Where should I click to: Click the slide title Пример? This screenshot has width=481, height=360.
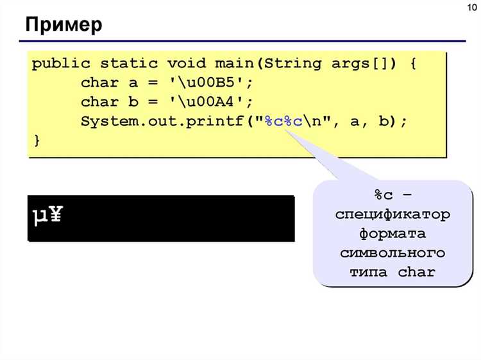tap(63, 25)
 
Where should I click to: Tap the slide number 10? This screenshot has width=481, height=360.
tap(473, 7)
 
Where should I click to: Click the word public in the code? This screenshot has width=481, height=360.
tap(62, 64)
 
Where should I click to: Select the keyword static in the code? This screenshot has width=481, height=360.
tap(129, 64)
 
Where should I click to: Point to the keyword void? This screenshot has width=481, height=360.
tap(187, 64)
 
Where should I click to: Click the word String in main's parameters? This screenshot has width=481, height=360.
tap(293, 64)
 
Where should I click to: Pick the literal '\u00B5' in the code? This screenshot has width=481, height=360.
tap(211, 83)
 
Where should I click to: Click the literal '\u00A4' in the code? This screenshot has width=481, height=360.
tap(211, 102)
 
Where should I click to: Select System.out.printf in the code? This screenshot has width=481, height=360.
tap(162, 121)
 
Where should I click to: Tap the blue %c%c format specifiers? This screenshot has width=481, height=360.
tap(283, 121)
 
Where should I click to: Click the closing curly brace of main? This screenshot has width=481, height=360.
tap(37, 141)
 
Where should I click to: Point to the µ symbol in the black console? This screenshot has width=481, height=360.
tap(40, 216)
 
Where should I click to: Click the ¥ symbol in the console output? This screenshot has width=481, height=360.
tap(56, 214)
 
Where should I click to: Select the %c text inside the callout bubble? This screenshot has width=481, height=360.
tap(384, 194)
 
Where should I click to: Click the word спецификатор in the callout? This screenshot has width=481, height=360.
tap(392, 214)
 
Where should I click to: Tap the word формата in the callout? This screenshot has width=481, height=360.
tap(392, 234)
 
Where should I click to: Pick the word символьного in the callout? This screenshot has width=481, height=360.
tap(392, 253)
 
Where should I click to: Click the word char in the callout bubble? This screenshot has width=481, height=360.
tap(417, 272)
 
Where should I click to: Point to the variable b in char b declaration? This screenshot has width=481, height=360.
tap(133, 102)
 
